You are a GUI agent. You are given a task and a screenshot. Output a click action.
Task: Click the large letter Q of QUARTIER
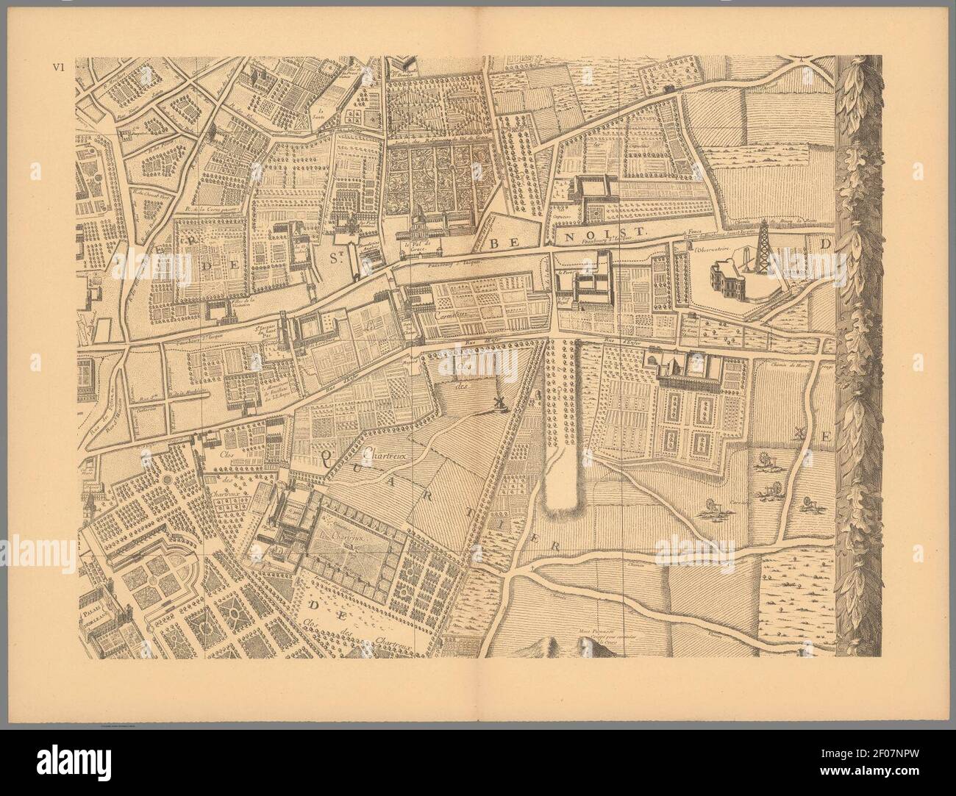327,460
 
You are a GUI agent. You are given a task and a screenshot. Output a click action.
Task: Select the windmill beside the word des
497,404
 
